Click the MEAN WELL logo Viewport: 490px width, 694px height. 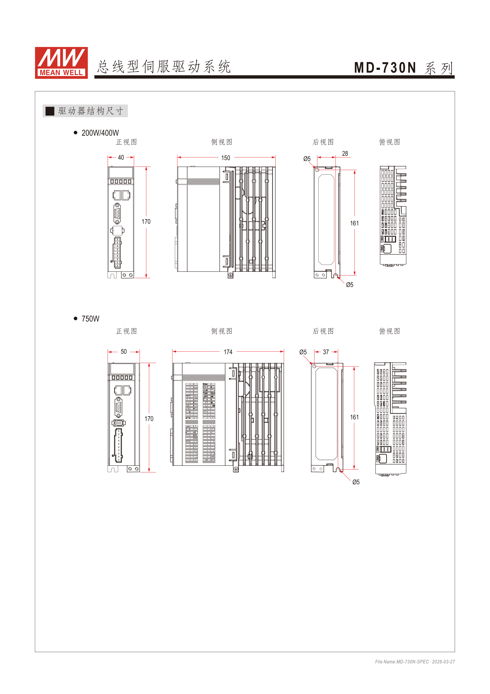pyautogui.click(x=61, y=63)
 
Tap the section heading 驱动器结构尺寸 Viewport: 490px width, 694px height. pyautogui.click(x=91, y=111)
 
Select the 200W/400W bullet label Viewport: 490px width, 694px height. pyautogui.click(x=100, y=133)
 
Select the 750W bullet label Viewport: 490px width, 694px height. pyautogui.click(x=90, y=319)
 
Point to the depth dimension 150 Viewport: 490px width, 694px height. pyautogui.click(x=225, y=158)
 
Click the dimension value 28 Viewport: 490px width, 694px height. pyautogui.click(x=345, y=154)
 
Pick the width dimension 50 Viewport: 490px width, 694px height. pyautogui.click(x=124, y=352)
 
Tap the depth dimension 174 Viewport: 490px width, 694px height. pyautogui.click(x=228, y=352)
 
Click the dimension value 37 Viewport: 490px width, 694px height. pyautogui.click(x=326, y=352)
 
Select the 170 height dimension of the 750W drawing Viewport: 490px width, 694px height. pyautogui.click(x=149, y=419)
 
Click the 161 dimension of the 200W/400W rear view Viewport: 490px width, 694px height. pyautogui.click(x=354, y=223)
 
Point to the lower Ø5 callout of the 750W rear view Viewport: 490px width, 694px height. pyautogui.click(x=356, y=482)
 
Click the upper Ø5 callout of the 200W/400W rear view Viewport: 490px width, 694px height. pyautogui.click(x=307, y=159)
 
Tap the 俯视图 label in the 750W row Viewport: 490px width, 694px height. pyautogui.click(x=390, y=331)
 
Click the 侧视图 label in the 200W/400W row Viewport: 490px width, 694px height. pyautogui.click(x=222, y=142)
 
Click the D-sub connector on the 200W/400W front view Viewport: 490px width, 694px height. pyautogui.click(x=117, y=214)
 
